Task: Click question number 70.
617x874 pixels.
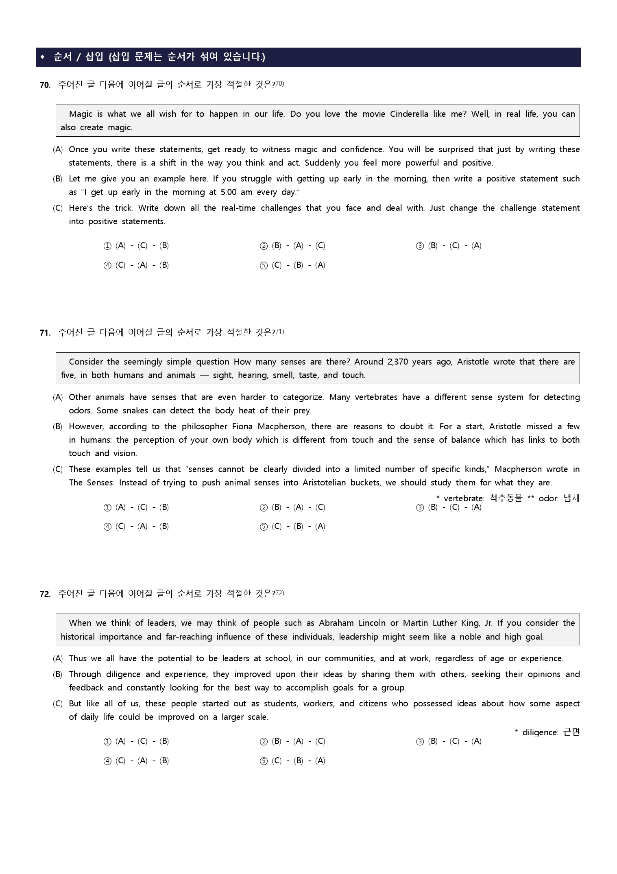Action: (x=45, y=85)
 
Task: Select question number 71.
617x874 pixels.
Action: (x=45, y=333)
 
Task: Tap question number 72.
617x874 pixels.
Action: (x=45, y=594)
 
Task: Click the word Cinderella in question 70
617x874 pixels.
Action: (x=409, y=114)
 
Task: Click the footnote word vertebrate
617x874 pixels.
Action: (x=464, y=498)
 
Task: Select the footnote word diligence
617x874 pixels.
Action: (x=540, y=732)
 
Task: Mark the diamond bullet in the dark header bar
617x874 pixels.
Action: (x=42, y=57)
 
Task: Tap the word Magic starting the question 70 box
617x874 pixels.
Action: (x=81, y=114)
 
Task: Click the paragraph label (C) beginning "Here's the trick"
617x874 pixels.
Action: (x=58, y=208)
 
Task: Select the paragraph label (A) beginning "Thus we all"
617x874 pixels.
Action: (x=58, y=658)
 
